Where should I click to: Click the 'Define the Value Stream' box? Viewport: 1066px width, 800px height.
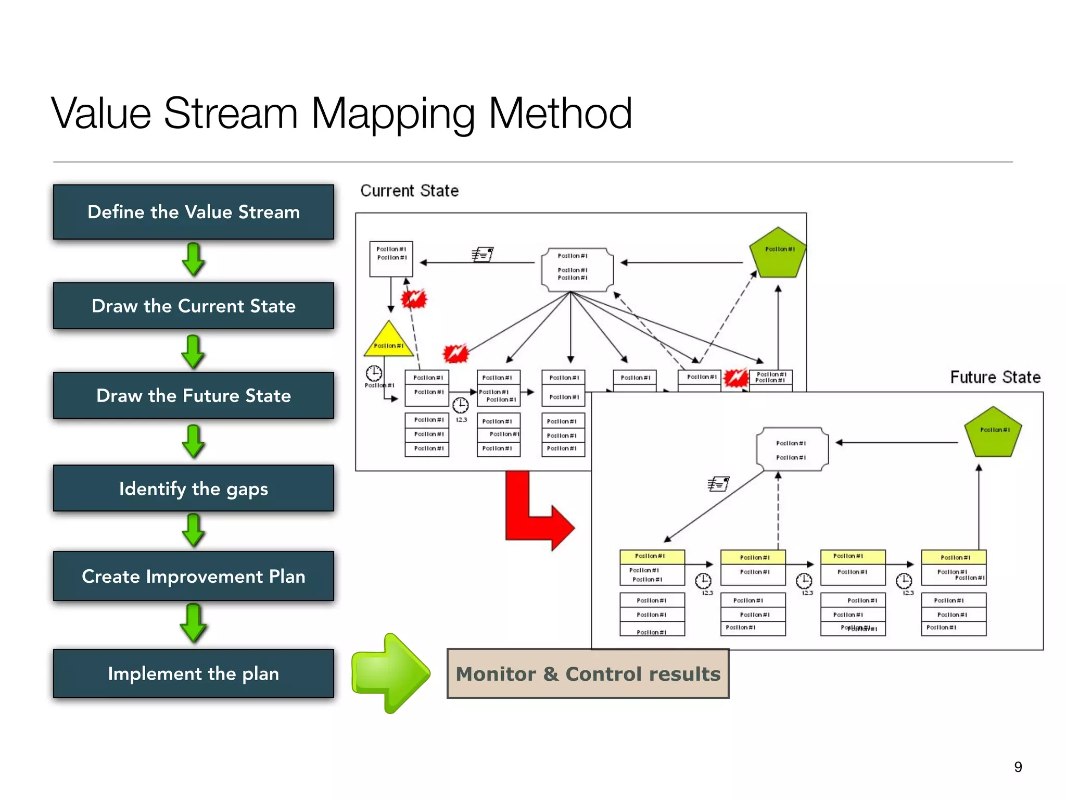(193, 212)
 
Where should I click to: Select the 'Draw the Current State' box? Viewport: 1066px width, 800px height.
(193, 306)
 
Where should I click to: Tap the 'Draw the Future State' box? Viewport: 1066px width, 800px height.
(193, 395)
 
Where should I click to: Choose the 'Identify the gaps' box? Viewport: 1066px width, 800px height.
(193, 489)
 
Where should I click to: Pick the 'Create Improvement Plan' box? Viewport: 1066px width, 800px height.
(193, 576)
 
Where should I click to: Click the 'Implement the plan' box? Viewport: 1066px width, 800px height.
(193, 673)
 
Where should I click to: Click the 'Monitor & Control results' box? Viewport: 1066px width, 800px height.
(588, 673)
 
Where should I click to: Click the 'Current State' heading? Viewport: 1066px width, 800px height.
(409, 191)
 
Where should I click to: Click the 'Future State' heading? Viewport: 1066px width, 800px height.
(995, 377)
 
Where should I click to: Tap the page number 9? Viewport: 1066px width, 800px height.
(1018, 767)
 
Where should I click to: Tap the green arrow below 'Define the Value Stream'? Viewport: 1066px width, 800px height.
(193, 259)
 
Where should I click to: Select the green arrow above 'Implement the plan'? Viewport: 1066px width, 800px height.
(193, 623)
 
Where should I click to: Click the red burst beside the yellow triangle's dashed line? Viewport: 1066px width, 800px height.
(414, 299)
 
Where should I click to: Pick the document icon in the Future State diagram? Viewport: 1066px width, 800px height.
(718, 484)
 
